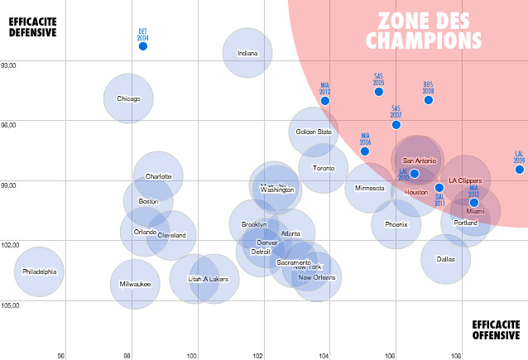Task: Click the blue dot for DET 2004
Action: [142, 46]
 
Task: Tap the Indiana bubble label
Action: [247, 54]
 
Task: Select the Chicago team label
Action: [128, 99]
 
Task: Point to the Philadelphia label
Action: [40, 271]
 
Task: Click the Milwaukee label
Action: [135, 284]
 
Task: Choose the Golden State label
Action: [314, 132]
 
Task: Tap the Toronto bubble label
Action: [324, 168]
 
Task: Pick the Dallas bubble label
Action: [446, 259]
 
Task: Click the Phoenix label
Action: [396, 224]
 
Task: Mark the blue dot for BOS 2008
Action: [429, 100]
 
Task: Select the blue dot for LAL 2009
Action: [520, 170]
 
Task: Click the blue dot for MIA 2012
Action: [325, 101]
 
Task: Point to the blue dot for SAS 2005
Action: [379, 91]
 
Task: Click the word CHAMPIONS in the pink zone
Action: [425, 39]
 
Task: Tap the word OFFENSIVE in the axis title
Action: [497, 337]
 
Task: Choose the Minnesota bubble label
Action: [370, 188]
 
